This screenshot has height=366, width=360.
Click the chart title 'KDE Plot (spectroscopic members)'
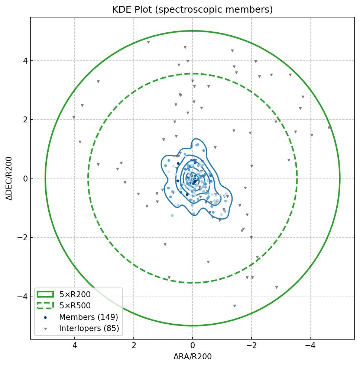192,10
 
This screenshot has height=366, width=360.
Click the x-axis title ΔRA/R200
192,357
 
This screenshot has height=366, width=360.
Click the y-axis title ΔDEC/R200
9,179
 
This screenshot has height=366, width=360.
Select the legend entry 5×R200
75,295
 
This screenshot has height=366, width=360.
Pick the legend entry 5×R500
75,306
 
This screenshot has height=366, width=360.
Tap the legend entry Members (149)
88,317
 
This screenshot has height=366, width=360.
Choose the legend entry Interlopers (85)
89,328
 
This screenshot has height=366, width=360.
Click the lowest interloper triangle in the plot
234,306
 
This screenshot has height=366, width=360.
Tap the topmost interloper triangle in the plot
148,42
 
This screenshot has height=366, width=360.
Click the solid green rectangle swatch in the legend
45,295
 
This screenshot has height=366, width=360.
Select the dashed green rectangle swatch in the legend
45,306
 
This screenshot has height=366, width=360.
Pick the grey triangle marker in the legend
45,329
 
